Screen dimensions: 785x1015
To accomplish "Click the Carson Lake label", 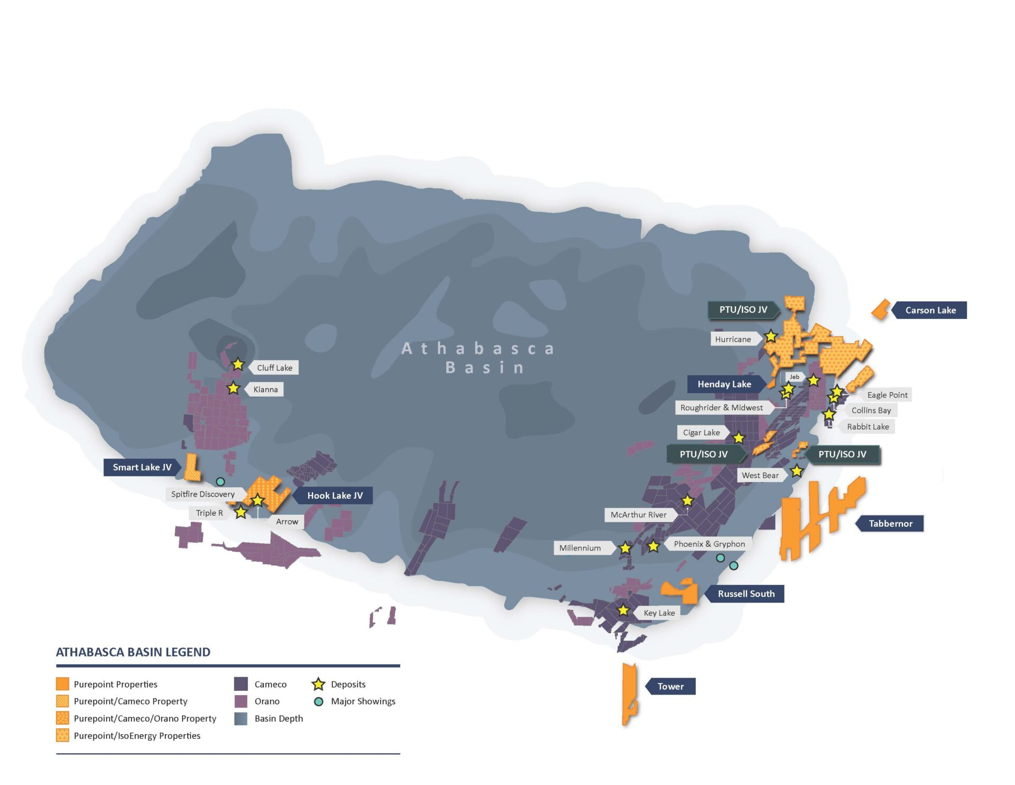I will tap(930, 310).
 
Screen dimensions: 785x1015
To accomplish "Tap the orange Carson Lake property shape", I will tap(881, 309).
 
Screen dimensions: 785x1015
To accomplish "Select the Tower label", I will tap(670, 686).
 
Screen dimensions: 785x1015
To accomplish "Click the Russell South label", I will tap(745, 594).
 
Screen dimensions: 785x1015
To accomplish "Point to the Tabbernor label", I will tap(890, 523).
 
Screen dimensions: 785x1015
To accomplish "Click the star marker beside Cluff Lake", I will tap(238, 364).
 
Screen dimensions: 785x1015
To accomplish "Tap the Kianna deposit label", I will tap(265, 389).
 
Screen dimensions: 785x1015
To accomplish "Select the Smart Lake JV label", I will tap(142, 467).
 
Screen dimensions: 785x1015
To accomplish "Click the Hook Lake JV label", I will tap(335, 495).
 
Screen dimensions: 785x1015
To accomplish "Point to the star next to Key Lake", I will tap(623, 610).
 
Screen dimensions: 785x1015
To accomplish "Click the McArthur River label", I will tap(638, 515).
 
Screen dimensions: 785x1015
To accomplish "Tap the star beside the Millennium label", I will tap(625, 548).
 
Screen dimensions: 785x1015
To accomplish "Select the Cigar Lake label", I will tap(701, 432).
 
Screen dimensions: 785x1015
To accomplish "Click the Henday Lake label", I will tap(724, 384).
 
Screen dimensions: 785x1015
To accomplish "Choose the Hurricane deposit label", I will tap(733, 339).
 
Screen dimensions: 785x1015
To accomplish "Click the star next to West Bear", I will tap(797, 471).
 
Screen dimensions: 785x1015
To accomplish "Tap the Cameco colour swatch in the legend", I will tap(241, 684).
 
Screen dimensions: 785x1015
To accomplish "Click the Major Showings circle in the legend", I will tap(318, 701).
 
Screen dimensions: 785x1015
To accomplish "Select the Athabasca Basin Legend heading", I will tap(133, 652).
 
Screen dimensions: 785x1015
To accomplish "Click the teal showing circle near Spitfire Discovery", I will tap(220, 481).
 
